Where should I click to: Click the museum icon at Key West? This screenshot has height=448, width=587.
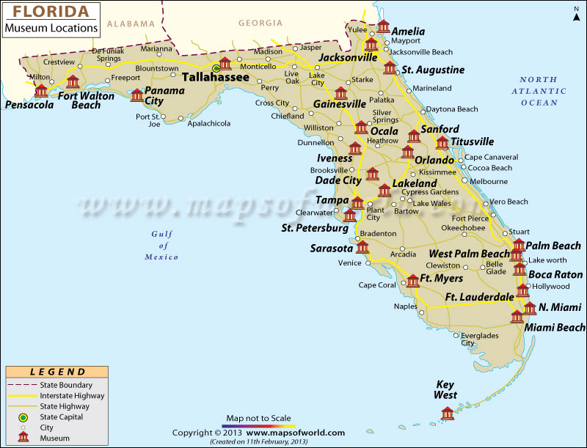point(447,414)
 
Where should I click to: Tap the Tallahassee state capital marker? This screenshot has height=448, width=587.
point(216,68)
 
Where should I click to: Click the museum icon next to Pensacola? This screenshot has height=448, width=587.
point(41,91)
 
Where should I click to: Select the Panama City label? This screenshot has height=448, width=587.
point(164,96)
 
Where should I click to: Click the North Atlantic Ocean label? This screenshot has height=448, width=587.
point(543,91)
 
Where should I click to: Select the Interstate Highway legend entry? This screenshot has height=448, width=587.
point(71,395)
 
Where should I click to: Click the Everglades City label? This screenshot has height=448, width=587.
point(477,339)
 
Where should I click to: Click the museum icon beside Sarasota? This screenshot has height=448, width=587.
point(362,247)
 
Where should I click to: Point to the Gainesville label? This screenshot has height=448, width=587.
point(340,104)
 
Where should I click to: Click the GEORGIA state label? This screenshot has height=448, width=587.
point(260,23)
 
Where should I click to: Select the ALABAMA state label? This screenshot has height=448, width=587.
point(131,23)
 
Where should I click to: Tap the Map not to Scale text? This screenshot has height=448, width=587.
point(259,419)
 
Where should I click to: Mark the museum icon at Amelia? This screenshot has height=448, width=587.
point(383,27)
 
